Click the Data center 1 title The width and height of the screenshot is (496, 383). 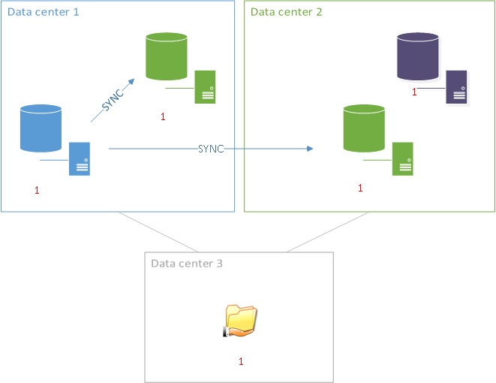pos(43,13)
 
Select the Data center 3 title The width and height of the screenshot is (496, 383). pos(187,264)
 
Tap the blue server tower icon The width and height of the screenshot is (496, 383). pos(80,158)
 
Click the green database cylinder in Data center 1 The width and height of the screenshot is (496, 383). pos(166,56)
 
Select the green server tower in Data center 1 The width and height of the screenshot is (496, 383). pos(206,86)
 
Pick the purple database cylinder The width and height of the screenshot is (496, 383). pos(418,56)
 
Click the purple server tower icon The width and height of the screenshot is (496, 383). pos(456,86)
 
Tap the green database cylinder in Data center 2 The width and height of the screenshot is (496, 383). pos(364,130)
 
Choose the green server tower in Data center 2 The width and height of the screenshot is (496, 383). pos(402,158)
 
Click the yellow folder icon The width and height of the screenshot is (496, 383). pos(240,321)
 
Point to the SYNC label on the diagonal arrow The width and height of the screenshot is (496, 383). pos(112,99)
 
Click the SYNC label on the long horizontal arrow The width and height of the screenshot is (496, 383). pos(211,149)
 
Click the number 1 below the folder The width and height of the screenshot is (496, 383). pos(241,361)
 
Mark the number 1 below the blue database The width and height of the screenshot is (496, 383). pos(37,191)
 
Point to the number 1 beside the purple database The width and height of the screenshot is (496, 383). pos(413,92)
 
